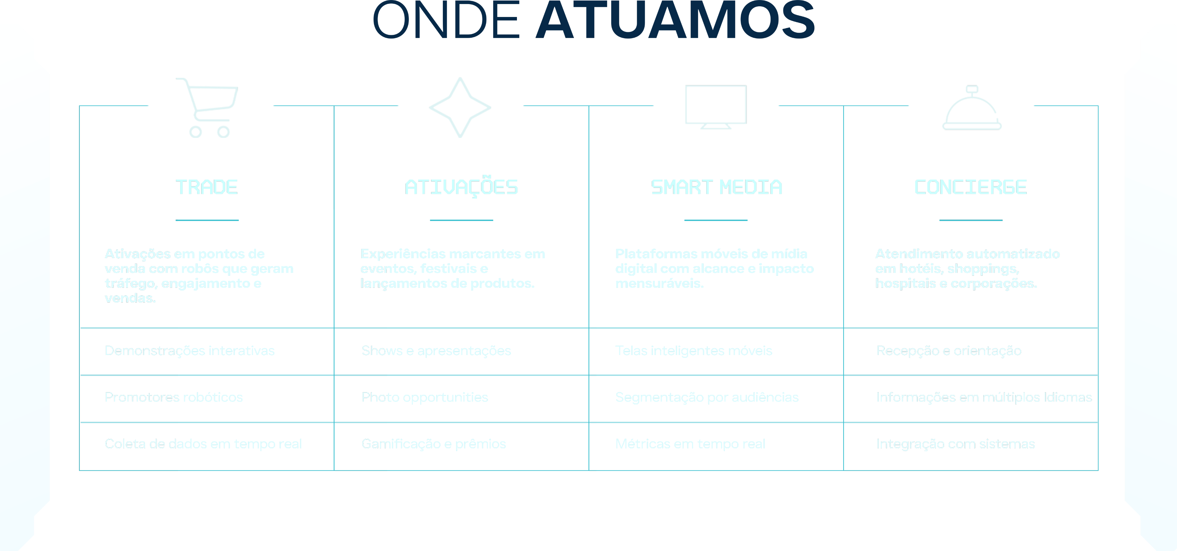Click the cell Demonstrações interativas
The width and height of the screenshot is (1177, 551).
pyautogui.click(x=190, y=351)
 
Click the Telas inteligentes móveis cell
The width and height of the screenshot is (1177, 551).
pyautogui.click(x=694, y=351)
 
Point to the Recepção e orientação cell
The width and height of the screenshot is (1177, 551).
pyautogui.click(x=949, y=351)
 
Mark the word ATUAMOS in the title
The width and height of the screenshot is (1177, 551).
pyautogui.click(x=675, y=21)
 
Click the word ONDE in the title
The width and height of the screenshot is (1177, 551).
pyautogui.click(x=446, y=21)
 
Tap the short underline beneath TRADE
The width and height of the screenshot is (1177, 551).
pyautogui.click(x=207, y=220)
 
